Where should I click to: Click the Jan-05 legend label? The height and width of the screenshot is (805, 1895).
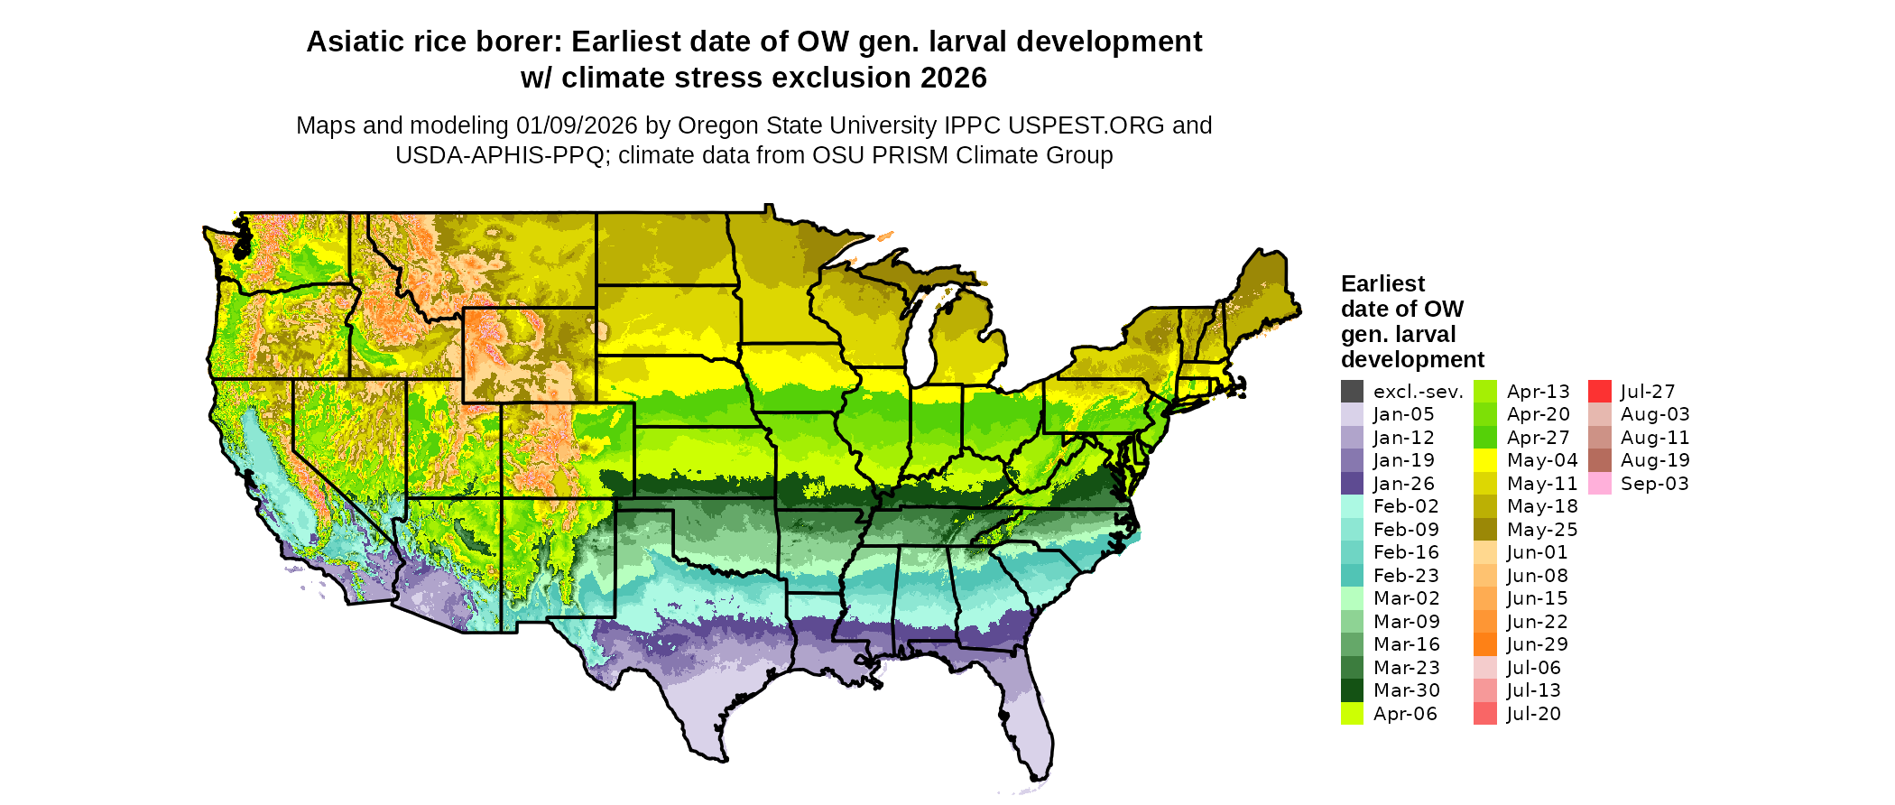pyautogui.click(x=1403, y=414)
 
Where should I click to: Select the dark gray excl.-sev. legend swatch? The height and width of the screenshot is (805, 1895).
pyautogui.click(x=1352, y=392)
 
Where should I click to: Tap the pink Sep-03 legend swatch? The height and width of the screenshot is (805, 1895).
pyautogui.click(x=1599, y=484)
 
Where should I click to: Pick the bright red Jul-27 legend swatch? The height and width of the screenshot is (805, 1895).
pyautogui.click(x=1599, y=392)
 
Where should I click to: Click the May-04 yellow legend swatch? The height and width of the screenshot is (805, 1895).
pyautogui.click(x=1484, y=460)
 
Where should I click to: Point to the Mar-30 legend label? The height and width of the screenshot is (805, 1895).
pyautogui.click(x=1406, y=690)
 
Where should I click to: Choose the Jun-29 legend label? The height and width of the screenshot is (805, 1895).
pyautogui.click(x=1537, y=644)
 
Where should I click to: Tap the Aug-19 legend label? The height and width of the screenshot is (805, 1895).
pyautogui.click(x=1655, y=460)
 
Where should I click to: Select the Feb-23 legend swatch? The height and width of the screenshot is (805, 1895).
pyautogui.click(x=1352, y=576)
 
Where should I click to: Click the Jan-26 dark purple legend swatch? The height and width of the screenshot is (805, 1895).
pyautogui.click(x=1352, y=484)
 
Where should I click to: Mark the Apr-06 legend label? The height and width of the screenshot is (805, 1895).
pyautogui.click(x=1405, y=714)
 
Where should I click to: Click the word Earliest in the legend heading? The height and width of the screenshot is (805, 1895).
pyautogui.click(x=1382, y=284)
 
